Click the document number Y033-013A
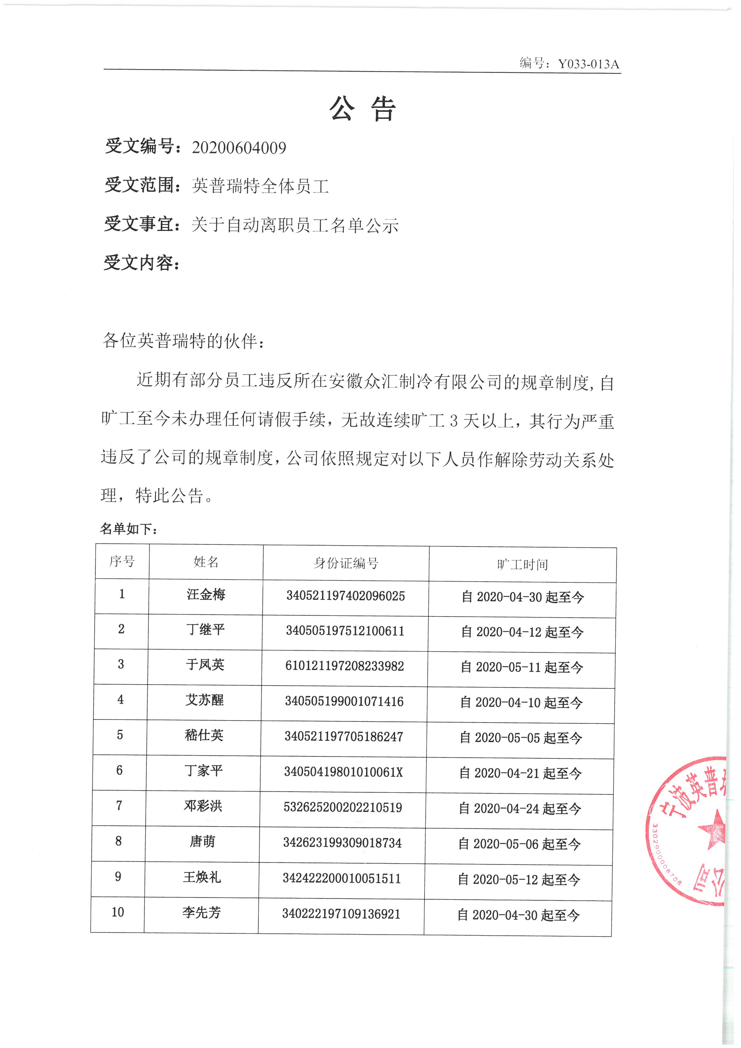click(589, 64)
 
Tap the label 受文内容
click(141, 263)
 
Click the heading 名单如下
click(129, 529)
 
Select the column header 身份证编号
click(346, 563)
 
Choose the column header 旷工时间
click(523, 564)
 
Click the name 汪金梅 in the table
click(206, 594)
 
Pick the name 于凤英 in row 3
click(205, 665)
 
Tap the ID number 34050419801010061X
click(343, 772)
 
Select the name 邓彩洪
click(203, 806)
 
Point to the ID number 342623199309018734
click(342, 843)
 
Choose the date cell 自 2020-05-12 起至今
click(519, 879)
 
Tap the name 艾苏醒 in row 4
click(204, 700)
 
